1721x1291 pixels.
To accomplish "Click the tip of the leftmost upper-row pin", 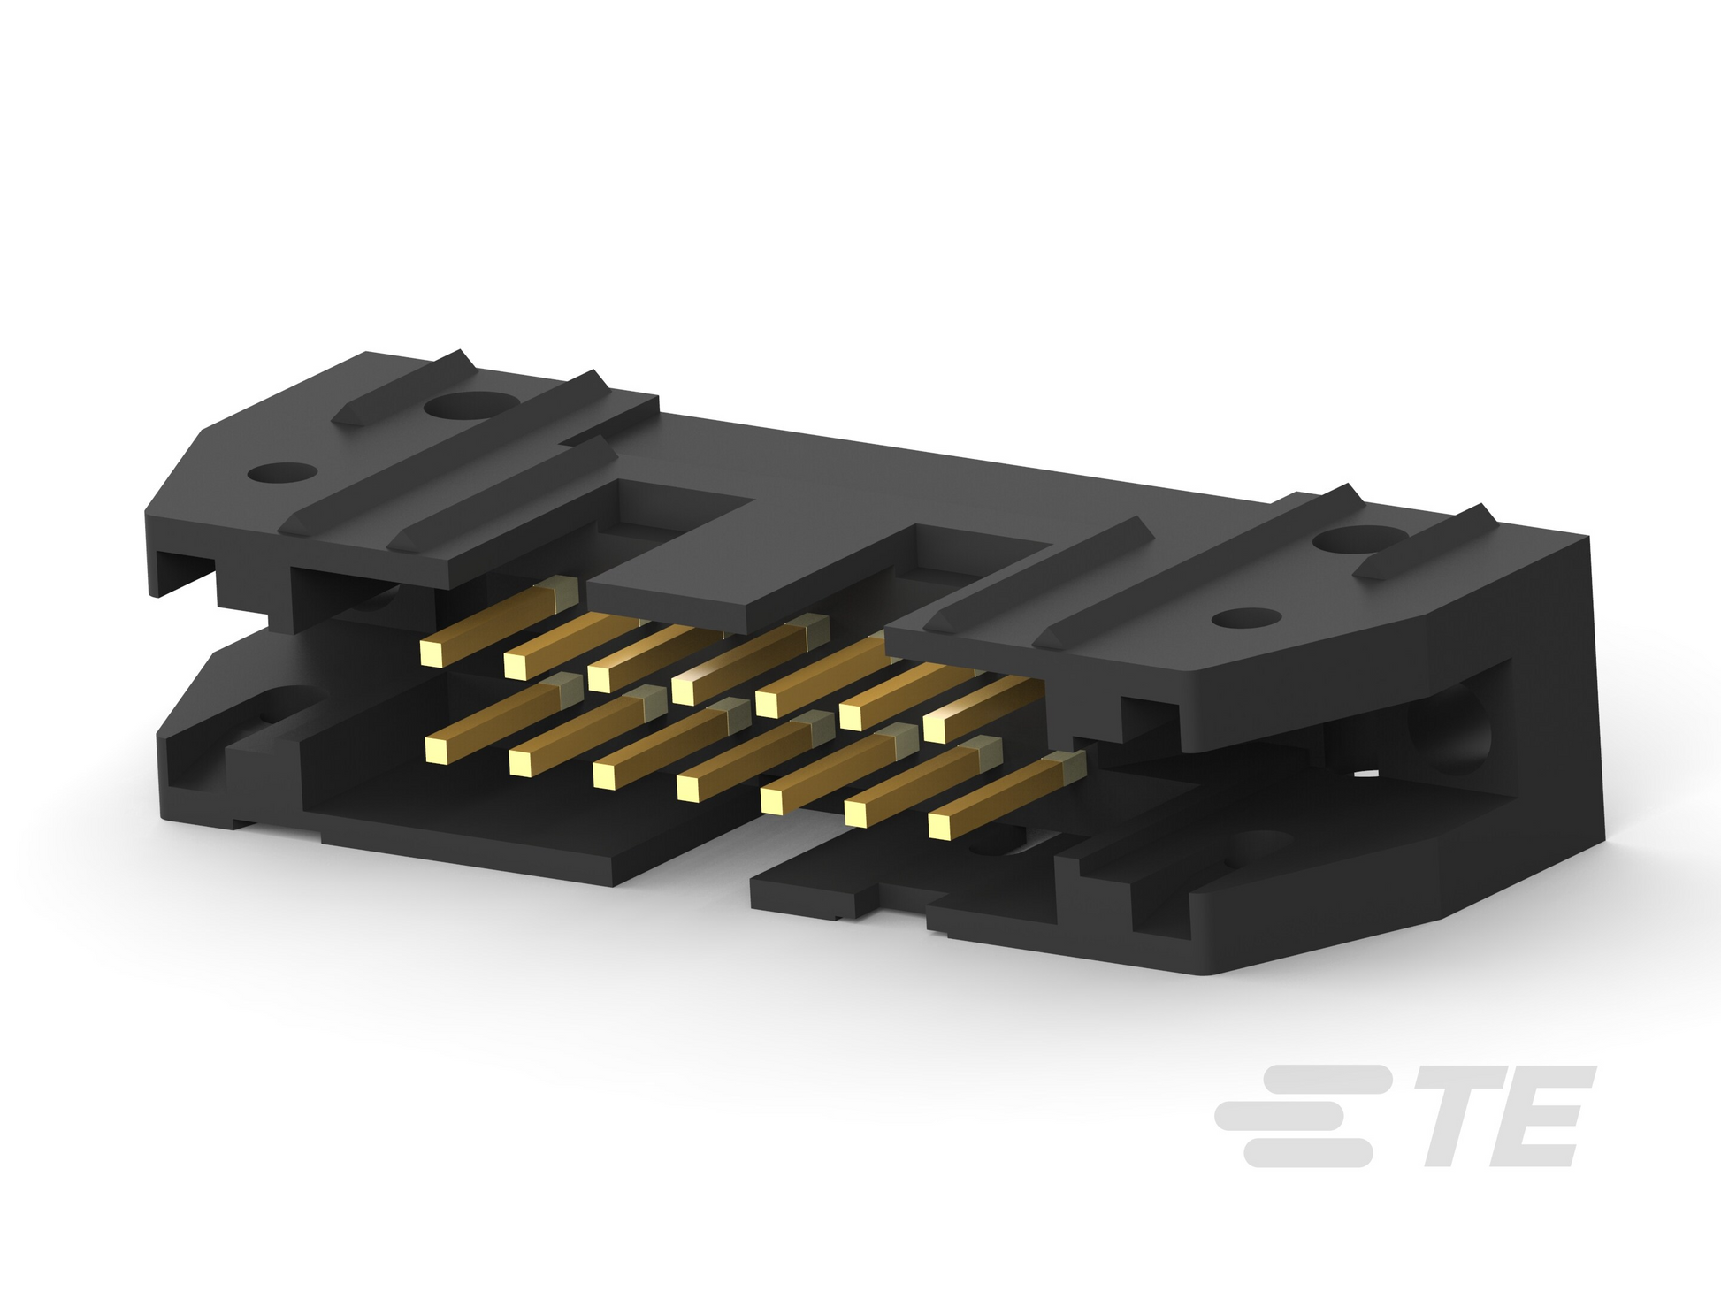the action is [432, 653].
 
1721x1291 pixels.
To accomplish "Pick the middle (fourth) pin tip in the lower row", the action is [689, 787].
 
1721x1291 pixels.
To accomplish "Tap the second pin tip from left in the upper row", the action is [517, 665].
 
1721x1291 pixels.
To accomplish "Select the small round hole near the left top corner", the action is [283, 473].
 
